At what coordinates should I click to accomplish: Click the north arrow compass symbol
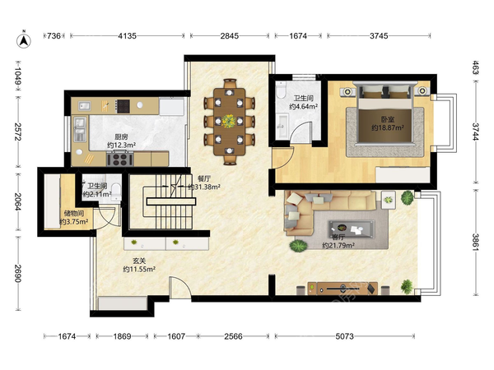[x=24, y=39]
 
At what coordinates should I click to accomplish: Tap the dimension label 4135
[x=128, y=36]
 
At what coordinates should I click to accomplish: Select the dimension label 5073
[x=344, y=336]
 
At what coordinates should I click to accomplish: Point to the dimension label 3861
[x=475, y=242]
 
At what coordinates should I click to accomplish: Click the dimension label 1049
[x=17, y=76]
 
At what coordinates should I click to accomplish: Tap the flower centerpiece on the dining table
[x=229, y=121]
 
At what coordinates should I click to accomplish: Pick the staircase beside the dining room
[x=170, y=201]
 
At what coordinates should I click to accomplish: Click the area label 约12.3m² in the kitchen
[x=121, y=145]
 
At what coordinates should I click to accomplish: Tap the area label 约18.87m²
[x=388, y=127]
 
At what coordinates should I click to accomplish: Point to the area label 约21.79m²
[x=338, y=245]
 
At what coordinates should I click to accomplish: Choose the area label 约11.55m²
[x=139, y=270]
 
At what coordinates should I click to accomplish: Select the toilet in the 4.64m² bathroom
[x=281, y=90]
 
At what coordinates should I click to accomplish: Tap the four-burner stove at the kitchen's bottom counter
[x=120, y=159]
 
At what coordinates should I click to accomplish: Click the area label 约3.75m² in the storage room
[x=74, y=222]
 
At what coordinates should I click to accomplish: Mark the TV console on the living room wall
[x=343, y=289]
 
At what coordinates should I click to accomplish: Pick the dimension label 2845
[x=230, y=36]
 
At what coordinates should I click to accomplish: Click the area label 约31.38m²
[x=204, y=187]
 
